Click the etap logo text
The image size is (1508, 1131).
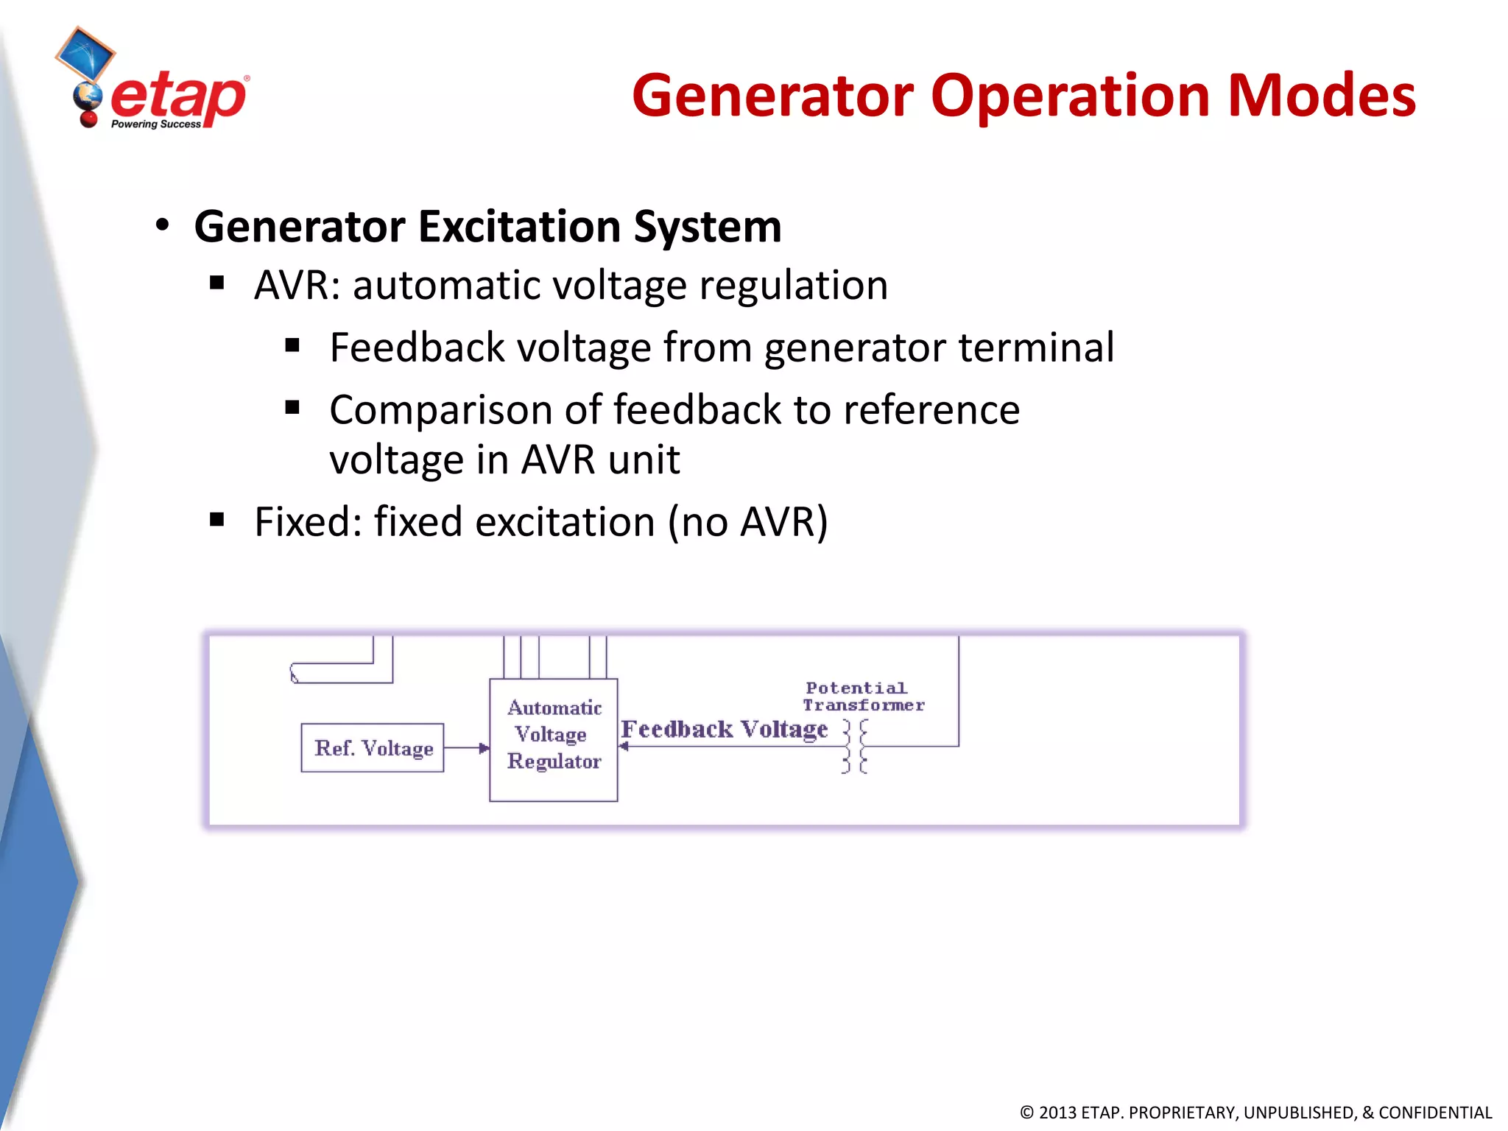point(178,98)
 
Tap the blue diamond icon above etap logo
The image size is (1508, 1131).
point(85,53)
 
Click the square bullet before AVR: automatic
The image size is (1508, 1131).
point(216,283)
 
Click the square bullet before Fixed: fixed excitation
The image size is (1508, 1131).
point(216,520)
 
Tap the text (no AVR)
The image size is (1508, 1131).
point(747,522)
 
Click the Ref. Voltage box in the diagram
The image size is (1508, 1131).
point(373,748)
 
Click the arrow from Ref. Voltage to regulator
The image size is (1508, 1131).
point(467,748)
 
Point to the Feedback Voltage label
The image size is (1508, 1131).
point(725,729)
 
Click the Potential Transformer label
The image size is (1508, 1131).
point(862,697)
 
